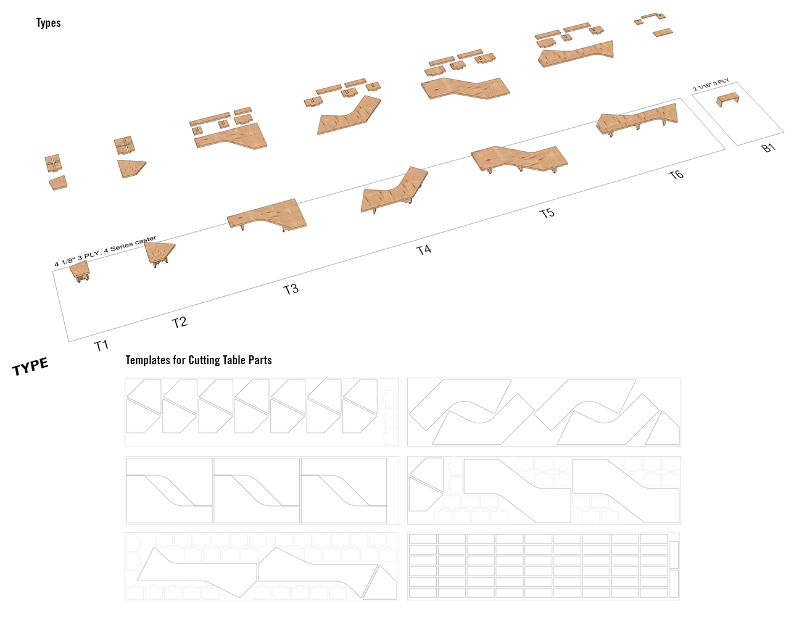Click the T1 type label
[x=102, y=346]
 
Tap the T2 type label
[x=180, y=323]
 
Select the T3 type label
[x=291, y=289]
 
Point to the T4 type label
[x=424, y=250]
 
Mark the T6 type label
[x=676, y=175]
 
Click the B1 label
[x=769, y=148]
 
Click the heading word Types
[x=49, y=23]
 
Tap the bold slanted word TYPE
[x=30, y=366]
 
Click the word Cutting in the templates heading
[x=204, y=360]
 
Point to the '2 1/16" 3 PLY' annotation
[x=711, y=85]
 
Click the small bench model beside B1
[x=728, y=99]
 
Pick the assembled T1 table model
[x=80, y=271]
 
